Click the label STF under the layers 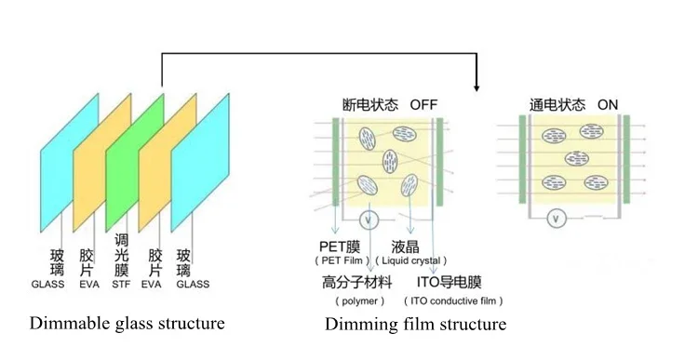[x=122, y=284]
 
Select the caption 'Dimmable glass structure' [x=128, y=324]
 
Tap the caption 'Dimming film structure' [x=415, y=325]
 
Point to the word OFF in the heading [x=423, y=105]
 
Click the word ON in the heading [x=607, y=105]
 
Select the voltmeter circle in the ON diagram [x=556, y=220]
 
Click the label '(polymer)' [x=357, y=301]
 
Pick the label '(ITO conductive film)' [x=453, y=301]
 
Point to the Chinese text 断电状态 [x=369, y=105]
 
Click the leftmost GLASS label [x=48, y=284]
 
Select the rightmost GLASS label [x=193, y=284]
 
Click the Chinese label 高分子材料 [x=357, y=282]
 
